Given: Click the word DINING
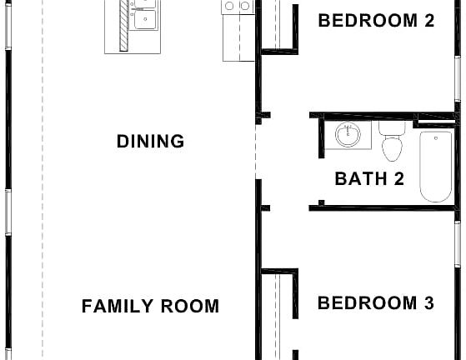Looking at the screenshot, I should [x=151, y=141].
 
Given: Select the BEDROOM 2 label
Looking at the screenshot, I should [x=376, y=21].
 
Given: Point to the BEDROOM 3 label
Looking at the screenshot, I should [x=376, y=302].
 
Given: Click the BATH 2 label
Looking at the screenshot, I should [x=369, y=177].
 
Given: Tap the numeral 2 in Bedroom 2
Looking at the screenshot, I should [x=428, y=21].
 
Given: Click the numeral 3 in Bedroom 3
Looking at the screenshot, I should [x=428, y=302].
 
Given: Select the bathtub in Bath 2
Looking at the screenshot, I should [x=435, y=166].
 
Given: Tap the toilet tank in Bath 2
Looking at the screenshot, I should [x=391, y=128].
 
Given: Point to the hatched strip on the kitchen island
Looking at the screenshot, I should [x=124, y=25].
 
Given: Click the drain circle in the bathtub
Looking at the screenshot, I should [x=435, y=139].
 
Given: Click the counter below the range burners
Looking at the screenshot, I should [x=237, y=37].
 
